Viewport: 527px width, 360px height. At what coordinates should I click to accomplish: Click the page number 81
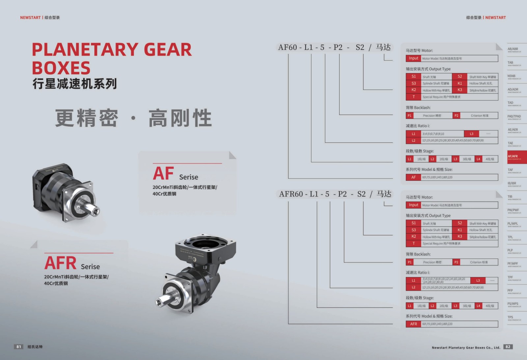tap(19, 346)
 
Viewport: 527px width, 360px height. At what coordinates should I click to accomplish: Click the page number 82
tap(508, 346)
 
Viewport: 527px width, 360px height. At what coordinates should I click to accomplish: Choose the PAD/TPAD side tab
tap(514, 117)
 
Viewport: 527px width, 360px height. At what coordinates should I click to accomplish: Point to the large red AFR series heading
tap(61, 263)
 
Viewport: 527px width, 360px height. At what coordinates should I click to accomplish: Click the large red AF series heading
tap(163, 174)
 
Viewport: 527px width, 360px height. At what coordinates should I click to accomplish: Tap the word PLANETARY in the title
tap(85, 50)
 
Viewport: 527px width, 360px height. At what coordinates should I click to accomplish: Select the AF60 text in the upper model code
tap(288, 47)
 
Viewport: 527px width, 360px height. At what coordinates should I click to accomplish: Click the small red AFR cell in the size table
tap(413, 324)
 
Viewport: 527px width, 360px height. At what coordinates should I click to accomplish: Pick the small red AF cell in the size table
tap(413, 177)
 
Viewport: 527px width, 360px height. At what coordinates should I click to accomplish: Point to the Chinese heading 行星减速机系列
tap(75, 84)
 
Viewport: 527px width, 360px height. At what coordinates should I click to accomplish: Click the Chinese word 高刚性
tap(180, 118)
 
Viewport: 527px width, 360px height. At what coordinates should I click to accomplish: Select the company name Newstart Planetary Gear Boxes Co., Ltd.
tap(466, 347)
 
